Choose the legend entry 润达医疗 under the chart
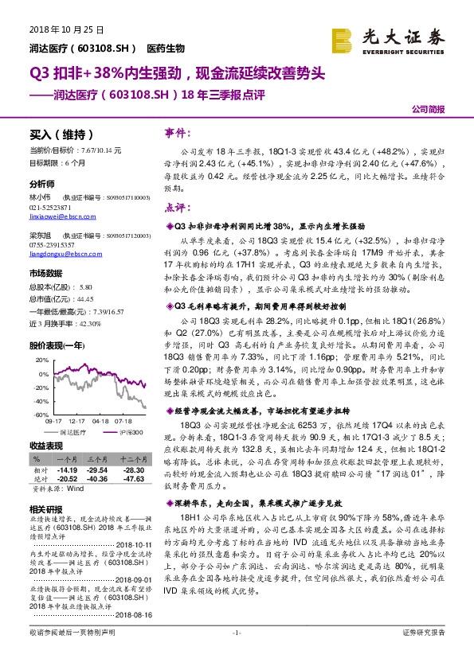[x=72, y=431]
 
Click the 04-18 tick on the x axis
[x=100, y=420]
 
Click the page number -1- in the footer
[x=237, y=654]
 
